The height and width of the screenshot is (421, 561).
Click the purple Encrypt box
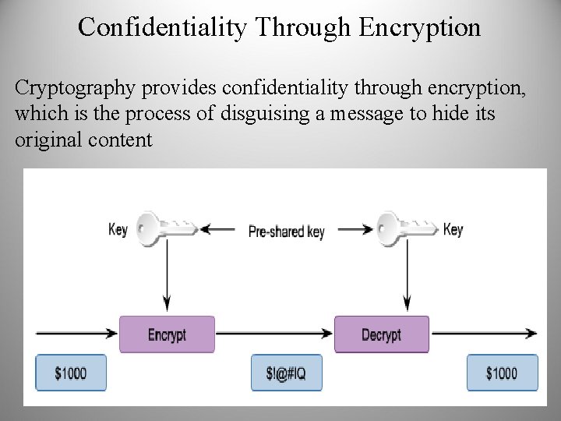(167, 334)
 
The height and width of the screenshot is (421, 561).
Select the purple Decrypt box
(381, 334)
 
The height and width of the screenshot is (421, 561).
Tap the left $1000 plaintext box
(71, 373)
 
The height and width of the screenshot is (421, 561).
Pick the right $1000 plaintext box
(502, 373)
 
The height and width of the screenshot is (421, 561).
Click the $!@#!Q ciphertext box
(286, 373)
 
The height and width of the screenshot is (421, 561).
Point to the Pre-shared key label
(286, 231)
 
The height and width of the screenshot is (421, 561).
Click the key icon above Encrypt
(165, 228)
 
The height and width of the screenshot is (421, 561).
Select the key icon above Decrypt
(405, 228)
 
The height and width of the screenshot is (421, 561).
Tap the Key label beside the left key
(118, 229)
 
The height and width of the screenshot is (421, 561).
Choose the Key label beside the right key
(453, 229)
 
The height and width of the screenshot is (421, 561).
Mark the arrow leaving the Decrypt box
(483, 334)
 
